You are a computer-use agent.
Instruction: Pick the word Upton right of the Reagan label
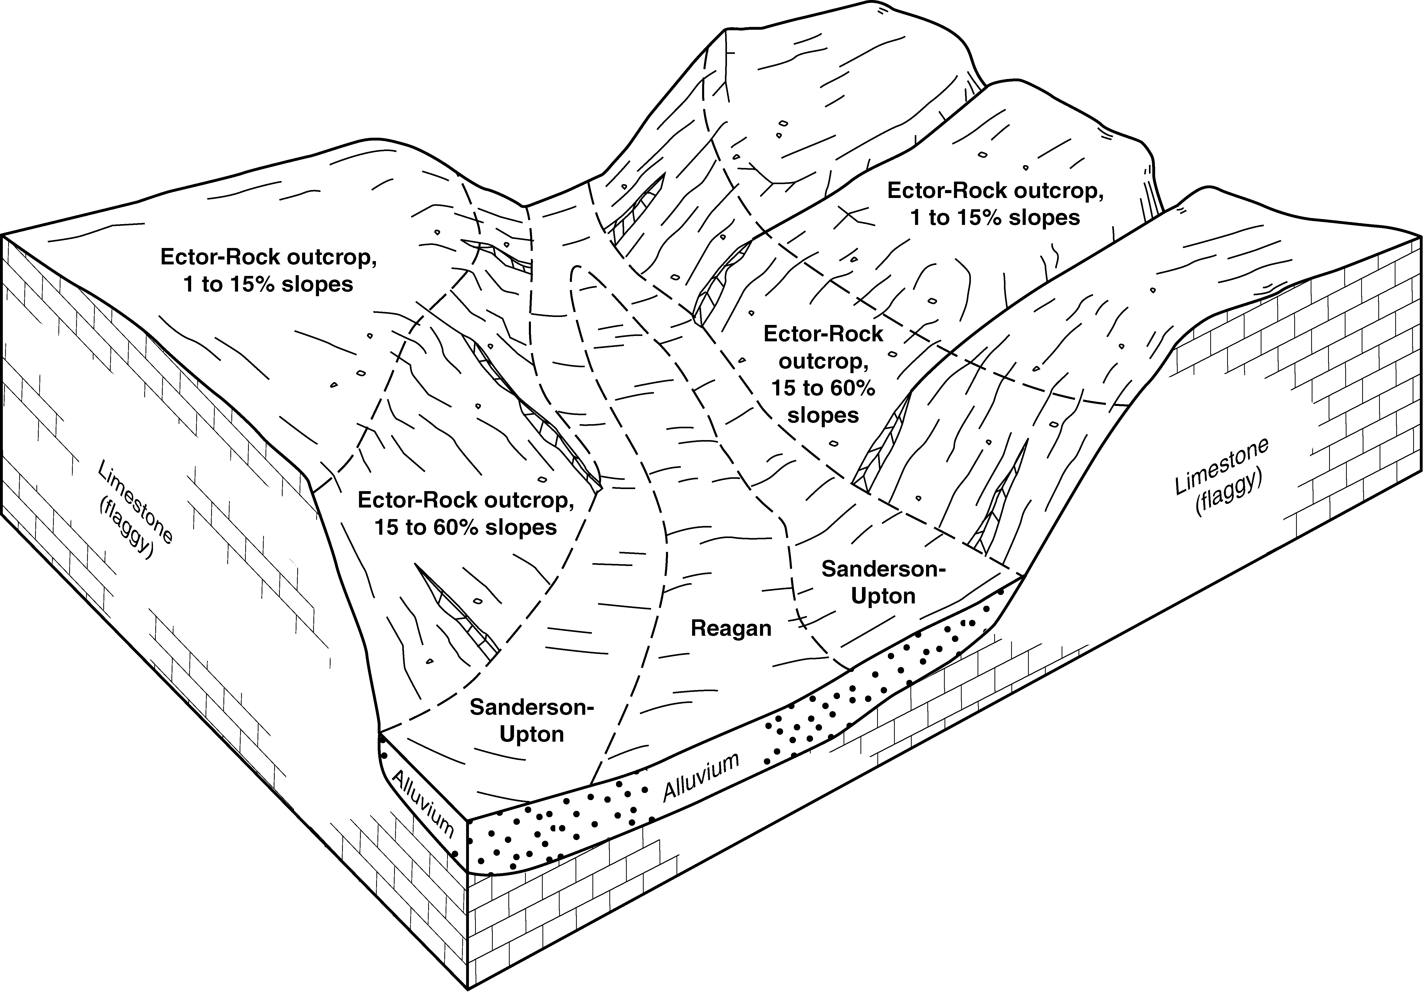(883, 596)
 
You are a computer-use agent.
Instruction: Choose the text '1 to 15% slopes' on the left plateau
(269, 284)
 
